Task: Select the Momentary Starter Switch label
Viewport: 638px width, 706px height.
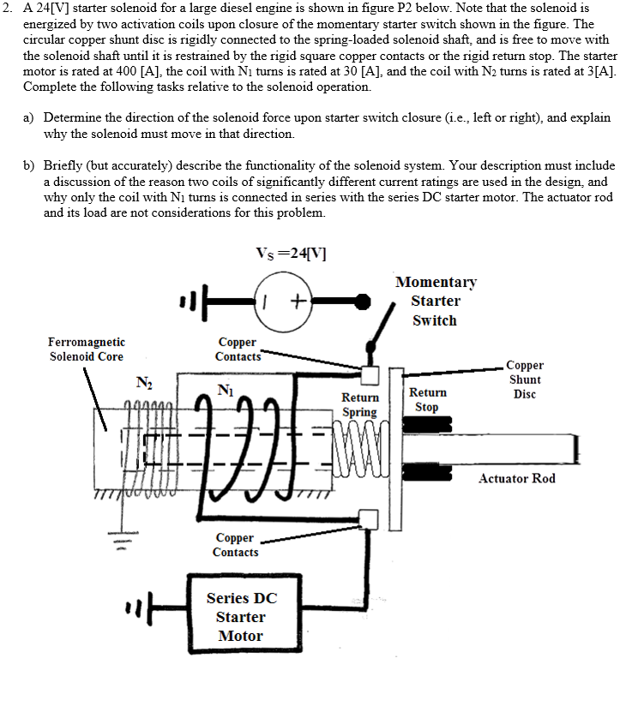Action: tap(435, 301)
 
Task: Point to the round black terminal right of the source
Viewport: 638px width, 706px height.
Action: tap(364, 301)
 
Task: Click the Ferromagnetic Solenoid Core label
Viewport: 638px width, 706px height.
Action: tap(86, 349)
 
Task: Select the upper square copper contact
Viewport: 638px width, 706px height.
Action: tap(370, 374)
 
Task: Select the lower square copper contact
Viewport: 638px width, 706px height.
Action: tap(370, 518)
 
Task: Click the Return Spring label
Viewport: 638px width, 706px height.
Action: tap(360, 404)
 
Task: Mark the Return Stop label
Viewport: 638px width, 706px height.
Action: tap(427, 399)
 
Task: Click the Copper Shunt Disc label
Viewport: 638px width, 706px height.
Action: tap(525, 379)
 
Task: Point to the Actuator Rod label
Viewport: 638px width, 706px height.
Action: tap(517, 478)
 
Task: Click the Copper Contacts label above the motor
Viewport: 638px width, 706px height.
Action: tap(235, 545)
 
